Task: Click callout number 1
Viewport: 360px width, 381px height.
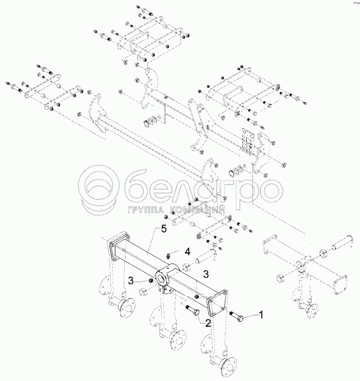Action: [x=261, y=315]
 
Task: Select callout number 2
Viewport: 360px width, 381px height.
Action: [x=208, y=323]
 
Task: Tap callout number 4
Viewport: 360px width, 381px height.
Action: [x=187, y=252]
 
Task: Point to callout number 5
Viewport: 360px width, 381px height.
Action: [x=164, y=229]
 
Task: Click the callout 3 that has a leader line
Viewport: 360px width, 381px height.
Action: [x=131, y=281]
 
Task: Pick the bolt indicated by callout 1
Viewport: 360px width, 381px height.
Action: [x=236, y=317]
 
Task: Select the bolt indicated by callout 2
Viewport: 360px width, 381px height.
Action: [x=192, y=310]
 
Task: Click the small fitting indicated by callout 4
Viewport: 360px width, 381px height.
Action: [x=168, y=255]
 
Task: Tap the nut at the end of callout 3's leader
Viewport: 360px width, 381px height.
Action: [x=150, y=281]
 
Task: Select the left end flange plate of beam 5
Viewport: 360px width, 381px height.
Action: [x=118, y=246]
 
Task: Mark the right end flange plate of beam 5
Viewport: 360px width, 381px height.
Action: [x=217, y=303]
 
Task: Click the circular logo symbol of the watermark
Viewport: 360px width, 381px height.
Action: [x=100, y=189]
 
